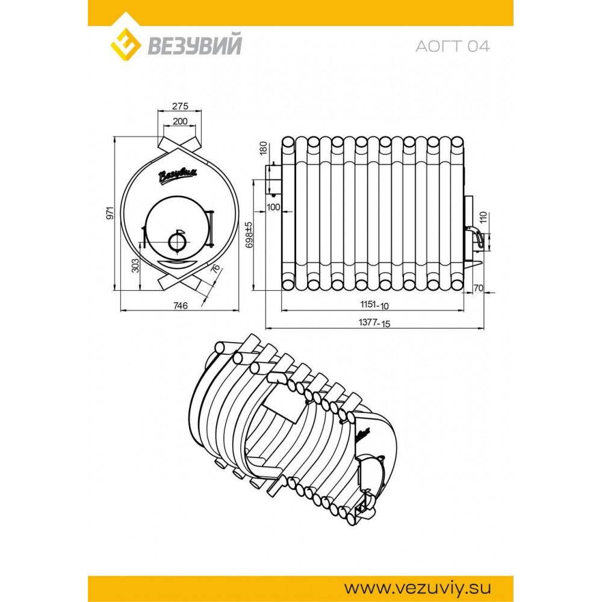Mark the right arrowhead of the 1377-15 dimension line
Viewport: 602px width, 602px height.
click(x=482, y=328)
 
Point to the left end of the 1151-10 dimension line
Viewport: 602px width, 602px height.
click(x=281, y=310)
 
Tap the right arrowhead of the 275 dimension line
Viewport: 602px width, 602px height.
click(x=200, y=111)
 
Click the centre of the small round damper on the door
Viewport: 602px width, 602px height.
click(x=177, y=241)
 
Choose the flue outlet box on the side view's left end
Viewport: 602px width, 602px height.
click(x=273, y=180)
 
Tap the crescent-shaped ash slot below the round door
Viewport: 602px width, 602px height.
click(x=177, y=262)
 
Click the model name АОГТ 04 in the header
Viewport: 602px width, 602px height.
click(x=452, y=46)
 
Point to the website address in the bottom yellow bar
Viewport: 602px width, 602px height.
click(x=417, y=588)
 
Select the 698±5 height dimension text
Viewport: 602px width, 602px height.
click(x=249, y=235)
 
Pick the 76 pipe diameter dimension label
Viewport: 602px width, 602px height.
click(x=216, y=268)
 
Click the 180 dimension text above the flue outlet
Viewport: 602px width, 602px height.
click(x=263, y=148)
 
